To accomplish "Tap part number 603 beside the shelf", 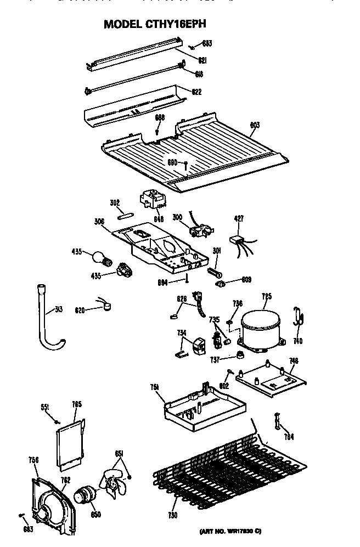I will (x=255, y=126).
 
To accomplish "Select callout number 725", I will (x=266, y=297).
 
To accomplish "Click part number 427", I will (x=238, y=218).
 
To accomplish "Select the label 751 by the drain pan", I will (x=154, y=387).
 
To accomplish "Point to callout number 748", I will (x=294, y=360).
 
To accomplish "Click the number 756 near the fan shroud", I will (x=33, y=460).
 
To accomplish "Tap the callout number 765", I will (x=77, y=405).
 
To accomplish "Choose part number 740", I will (x=298, y=340).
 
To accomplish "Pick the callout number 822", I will (x=196, y=91).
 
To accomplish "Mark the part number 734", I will (x=182, y=332).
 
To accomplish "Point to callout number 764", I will (x=288, y=437).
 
